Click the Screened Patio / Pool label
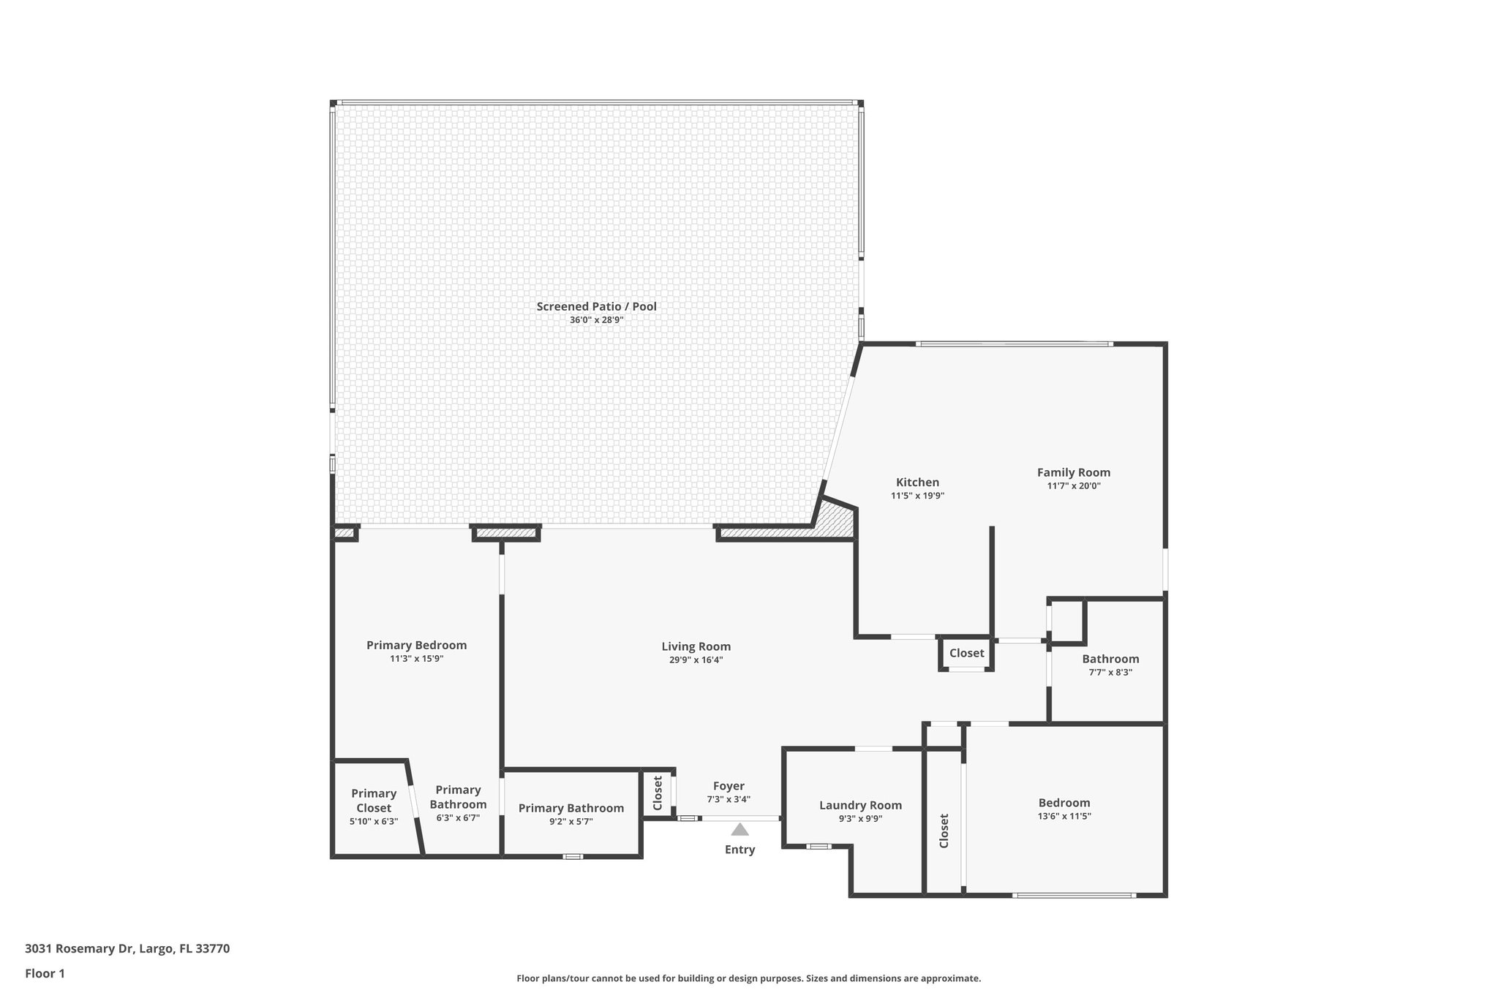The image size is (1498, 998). tap(596, 306)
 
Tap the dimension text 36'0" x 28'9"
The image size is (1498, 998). tap(596, 320)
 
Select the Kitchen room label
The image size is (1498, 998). tap(917, 483)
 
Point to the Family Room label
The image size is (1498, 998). tap(1073, 472)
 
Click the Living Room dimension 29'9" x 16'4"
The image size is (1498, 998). tap(696, 660)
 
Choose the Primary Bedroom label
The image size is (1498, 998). tap(416, 645)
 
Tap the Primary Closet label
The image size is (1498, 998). tap(374, 801)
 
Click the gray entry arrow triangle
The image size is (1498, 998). tap(739, 830)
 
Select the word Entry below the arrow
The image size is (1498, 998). tap(739, 850)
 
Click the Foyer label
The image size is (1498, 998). tap(729, 786)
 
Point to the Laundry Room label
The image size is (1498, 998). tap(860, 805)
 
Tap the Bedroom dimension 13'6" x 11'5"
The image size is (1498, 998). tap(1064, 817)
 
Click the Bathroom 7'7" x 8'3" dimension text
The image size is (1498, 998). tap(1110, 673)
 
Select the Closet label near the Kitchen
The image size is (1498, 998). tap(966, 653)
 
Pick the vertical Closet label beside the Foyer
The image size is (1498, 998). tap(658, 793)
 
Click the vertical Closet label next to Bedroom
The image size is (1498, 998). tap(944, 831)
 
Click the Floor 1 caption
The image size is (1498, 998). tap(45, 973)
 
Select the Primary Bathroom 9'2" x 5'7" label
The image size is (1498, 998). tap(571, 808)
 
